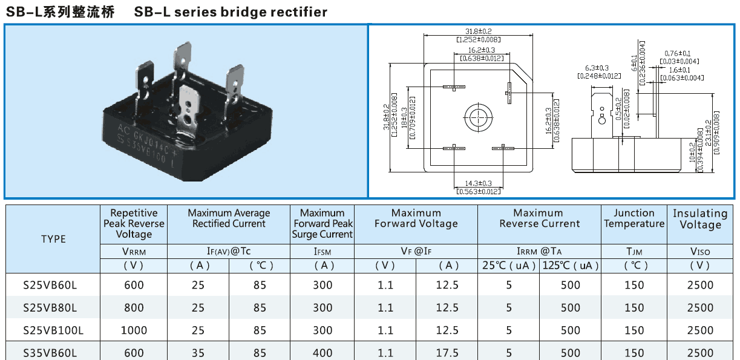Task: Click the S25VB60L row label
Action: pos(50,285)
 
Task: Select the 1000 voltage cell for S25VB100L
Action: pos(134,330)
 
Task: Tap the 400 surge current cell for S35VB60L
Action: pos(323,353)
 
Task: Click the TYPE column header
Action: pos(53,239)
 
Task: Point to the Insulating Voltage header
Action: pos(700,219)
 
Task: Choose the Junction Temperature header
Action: pos(634,218)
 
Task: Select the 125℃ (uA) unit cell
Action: pos(571,266)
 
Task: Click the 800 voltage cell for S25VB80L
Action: pos(134,308)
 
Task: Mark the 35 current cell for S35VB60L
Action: pos(198,353)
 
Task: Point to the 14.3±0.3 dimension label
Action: pos(478,183)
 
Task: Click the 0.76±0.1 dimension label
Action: pos(677,54)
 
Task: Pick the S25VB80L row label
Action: pos(50,308)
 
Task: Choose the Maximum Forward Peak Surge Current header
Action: pos(323,223)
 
